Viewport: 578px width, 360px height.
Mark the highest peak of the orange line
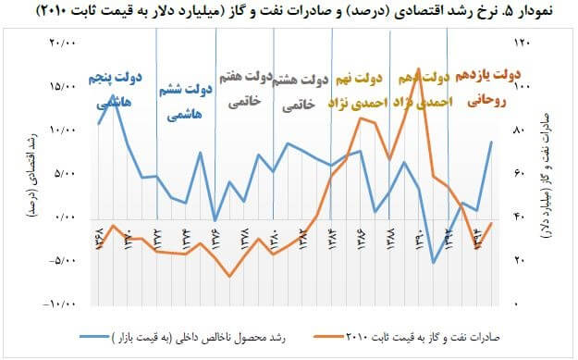tap(419, 69)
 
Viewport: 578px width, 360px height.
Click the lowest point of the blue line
tap(434, 263)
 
